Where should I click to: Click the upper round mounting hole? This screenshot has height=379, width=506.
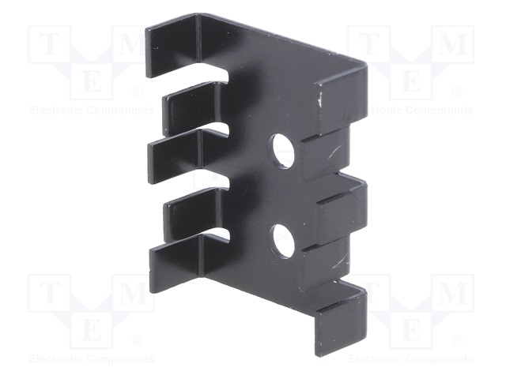tap(282, 152)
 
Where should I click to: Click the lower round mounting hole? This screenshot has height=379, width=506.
tap(283, 242)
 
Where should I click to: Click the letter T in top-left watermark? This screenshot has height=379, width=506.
tap(49, 44)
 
